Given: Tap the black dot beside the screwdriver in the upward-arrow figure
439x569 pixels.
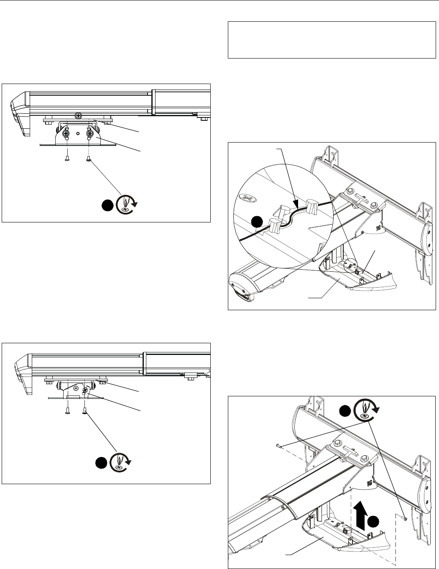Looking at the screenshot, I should pyautogui.click(x=344, y=411).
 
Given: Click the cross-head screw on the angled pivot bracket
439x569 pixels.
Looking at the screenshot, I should pyautogui.click(x=85, y=391).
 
